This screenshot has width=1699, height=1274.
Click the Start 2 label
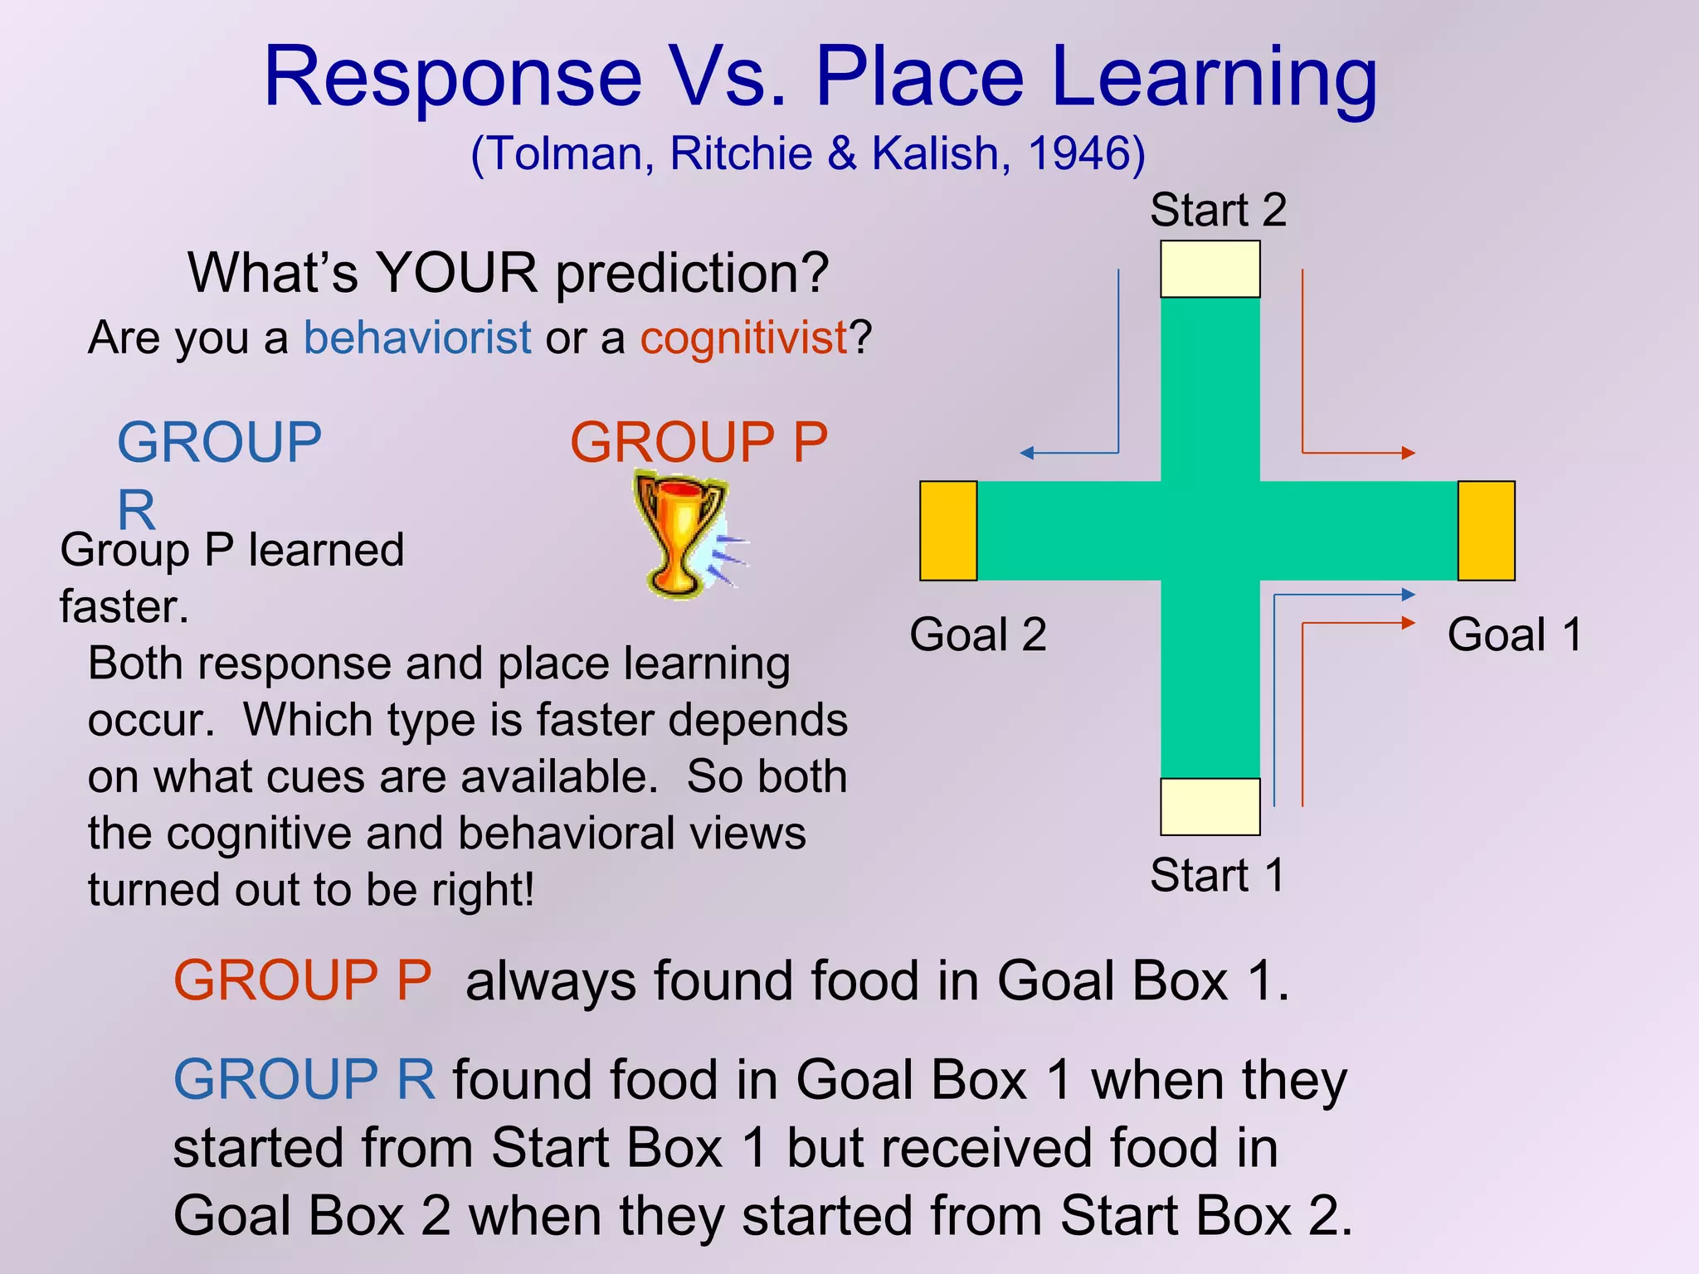(1217, 210)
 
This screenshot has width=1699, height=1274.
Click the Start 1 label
(1217, 875)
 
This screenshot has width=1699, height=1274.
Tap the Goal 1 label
(1514, 635)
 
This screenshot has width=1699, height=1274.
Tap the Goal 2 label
(977, 635)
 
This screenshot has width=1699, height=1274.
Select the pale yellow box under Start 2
(1210, 269)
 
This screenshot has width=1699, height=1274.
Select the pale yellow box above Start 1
(1210, 806)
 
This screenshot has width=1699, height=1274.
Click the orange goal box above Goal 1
(1486, 531)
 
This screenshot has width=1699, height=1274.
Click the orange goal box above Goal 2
(948, 531)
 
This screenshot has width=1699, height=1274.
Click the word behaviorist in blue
(417, 338)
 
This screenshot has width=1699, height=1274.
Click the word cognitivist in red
(743, 338)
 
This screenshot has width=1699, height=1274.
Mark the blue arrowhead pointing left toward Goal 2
(1026, 453)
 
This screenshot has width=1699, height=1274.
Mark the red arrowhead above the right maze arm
(1408, 453)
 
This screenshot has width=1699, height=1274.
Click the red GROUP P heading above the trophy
(699, 442)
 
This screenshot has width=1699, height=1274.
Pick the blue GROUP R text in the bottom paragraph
(304, 1079)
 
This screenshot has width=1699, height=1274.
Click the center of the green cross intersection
(1210, 531)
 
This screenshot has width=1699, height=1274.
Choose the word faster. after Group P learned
(124, 607)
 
